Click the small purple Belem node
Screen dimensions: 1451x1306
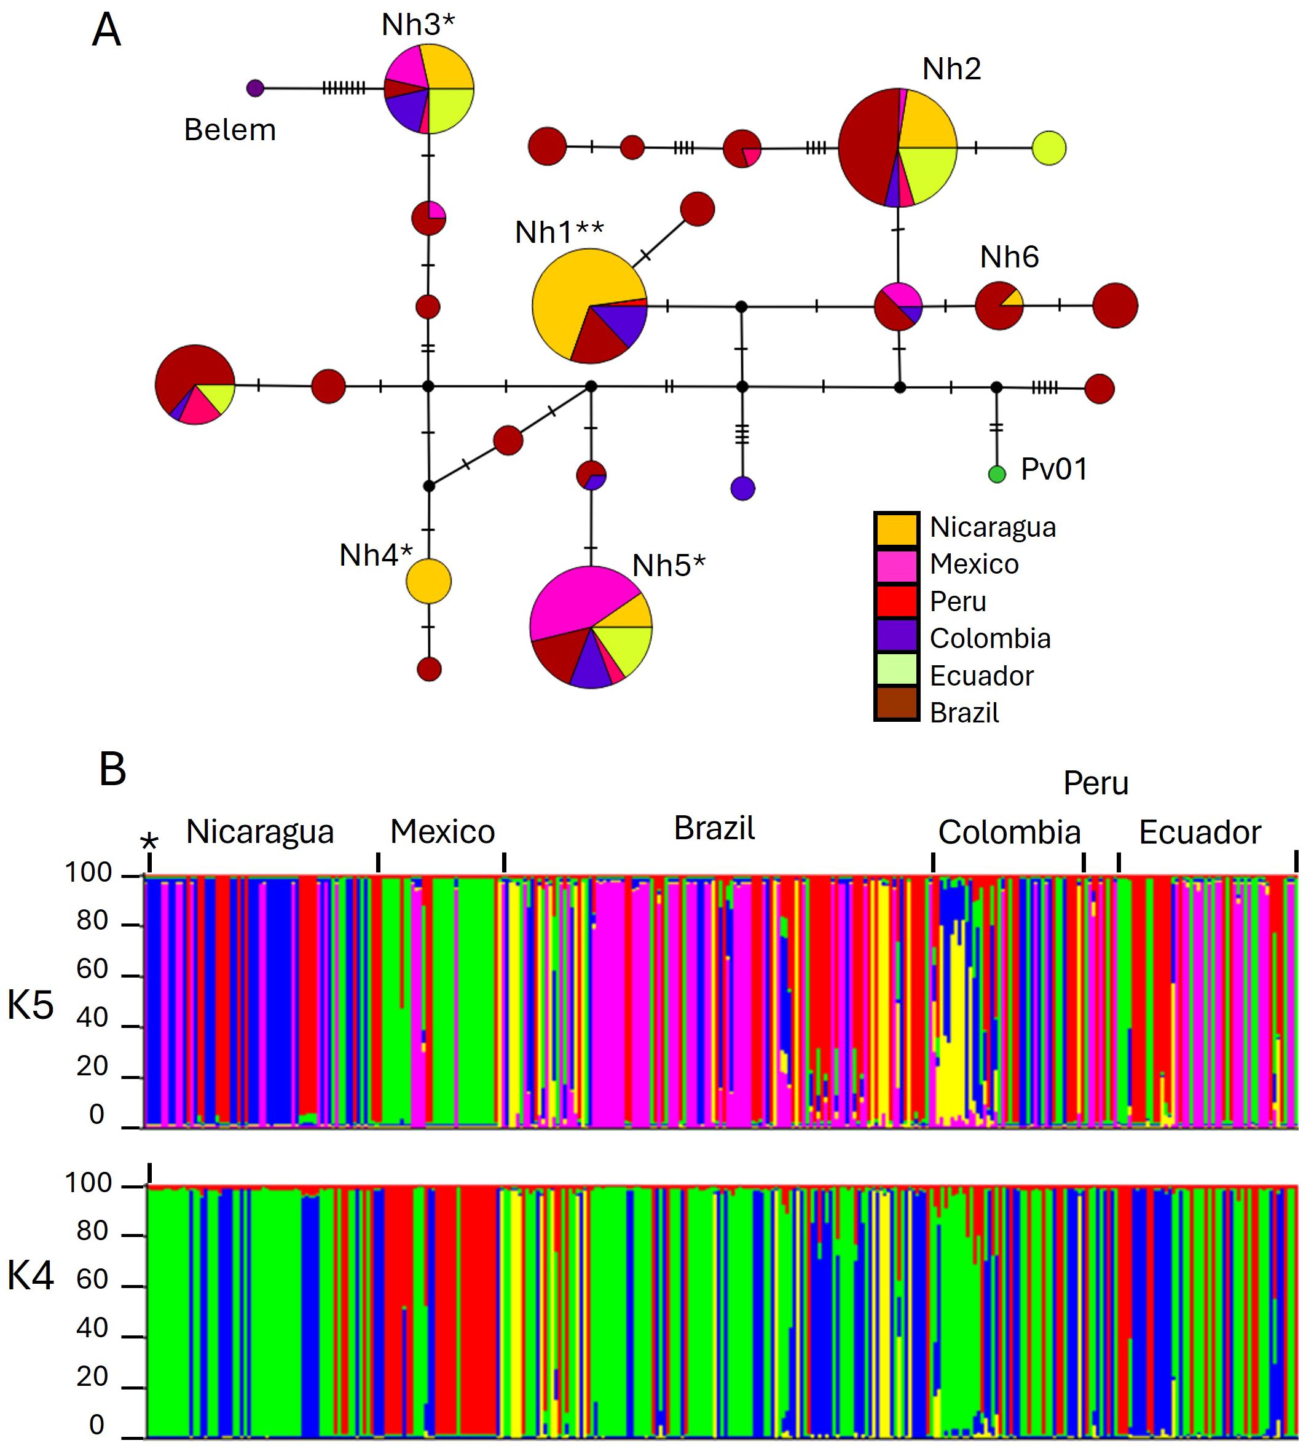(254, 89)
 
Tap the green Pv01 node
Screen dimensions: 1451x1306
(997, 474)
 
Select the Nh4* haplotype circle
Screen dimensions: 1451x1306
(428, 581)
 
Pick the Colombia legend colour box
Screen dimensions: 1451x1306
(896, 636)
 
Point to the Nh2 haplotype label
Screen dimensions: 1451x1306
(951, 69)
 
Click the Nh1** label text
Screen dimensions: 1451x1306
(560, 232)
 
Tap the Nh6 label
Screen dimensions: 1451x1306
(1009, 257)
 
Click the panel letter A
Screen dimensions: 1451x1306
(107, 31)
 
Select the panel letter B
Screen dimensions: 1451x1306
(112, 770)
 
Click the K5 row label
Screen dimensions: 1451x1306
(31, 1005)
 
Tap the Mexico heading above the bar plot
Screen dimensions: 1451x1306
(442, 832)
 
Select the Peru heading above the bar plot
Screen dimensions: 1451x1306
(1096, 783)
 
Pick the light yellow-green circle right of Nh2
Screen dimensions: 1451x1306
(1048, 149)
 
